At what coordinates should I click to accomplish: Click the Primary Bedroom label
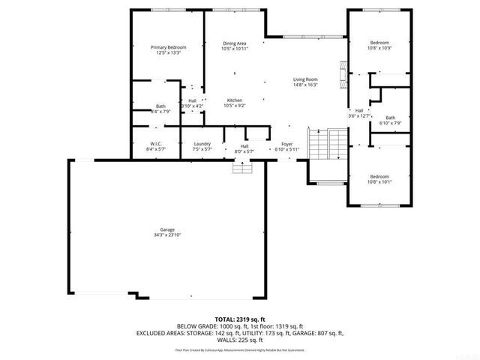167,47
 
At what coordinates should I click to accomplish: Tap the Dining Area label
234,43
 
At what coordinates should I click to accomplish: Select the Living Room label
305,79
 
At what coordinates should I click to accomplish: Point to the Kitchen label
234,100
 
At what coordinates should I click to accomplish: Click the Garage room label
166,229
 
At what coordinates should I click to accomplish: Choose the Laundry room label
202,144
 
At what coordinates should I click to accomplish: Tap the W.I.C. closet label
156,144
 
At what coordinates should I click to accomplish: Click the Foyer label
286,144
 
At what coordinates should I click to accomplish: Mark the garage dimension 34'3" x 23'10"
166,235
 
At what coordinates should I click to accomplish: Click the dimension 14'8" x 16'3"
305,85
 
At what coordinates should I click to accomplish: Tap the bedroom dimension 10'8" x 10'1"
380,181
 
